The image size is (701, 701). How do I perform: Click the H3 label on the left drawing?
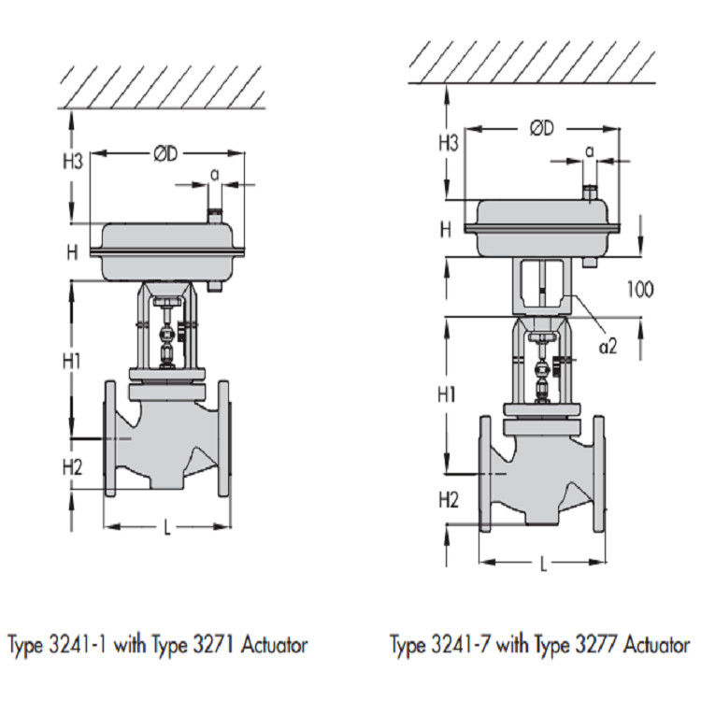(x=73, y=162)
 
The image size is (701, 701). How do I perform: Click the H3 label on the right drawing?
(x=449, y=142)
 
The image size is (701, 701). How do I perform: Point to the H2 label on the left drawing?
(x=73, y=466)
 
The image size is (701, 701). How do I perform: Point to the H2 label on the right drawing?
(x=450, y=500)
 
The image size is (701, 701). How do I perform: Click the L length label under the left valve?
(x=167, y=528)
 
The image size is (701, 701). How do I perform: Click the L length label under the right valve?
(x=543, y=564)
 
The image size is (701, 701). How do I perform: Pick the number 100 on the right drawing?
(x=640, y=289)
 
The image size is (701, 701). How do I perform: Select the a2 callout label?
(x=608, y=347)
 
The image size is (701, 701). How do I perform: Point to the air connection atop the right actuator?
(x=590, y=193)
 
